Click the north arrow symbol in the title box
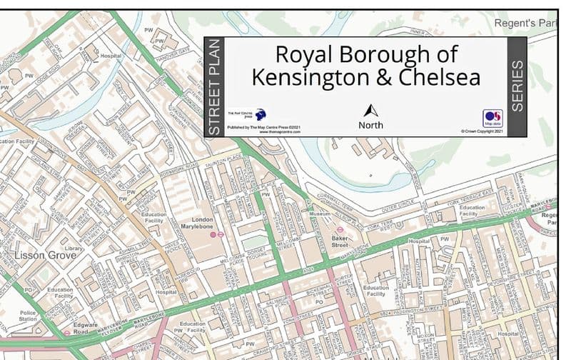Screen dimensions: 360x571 [370, 111]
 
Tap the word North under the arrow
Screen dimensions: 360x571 [370, 125]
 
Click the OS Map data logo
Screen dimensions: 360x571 [492, 117]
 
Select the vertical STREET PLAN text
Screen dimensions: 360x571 [214, 86]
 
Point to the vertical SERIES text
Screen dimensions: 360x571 [517, 86]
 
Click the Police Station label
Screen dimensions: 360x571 [28, 316]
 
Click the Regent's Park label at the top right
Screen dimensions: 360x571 [525, 24]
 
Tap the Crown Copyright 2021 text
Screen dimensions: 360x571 [482, 131]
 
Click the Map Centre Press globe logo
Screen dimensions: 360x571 [261, 114]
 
